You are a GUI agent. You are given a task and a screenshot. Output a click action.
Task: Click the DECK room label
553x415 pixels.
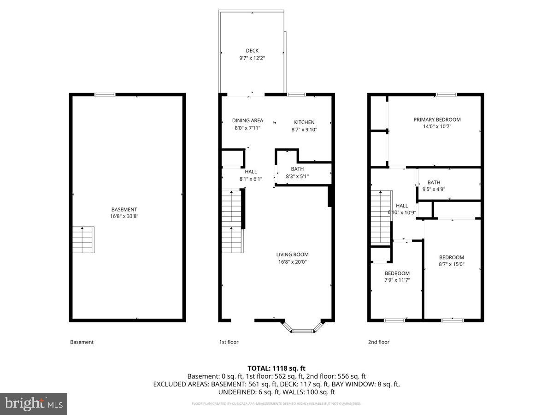(252, 51)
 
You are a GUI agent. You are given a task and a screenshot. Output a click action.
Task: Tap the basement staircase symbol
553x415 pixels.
(83, 239)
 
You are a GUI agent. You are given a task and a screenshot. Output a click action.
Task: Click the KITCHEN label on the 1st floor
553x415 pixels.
(304, 122)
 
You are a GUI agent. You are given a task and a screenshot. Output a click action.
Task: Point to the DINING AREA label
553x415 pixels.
(247, 121)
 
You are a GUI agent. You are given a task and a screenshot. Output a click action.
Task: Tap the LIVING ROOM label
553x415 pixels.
(292, 255)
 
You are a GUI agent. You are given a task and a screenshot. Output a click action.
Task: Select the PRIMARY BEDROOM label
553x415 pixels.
(437, 119)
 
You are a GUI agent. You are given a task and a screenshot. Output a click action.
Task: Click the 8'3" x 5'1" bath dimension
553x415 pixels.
(297, 176)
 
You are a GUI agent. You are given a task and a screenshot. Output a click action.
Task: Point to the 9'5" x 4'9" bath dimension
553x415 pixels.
(434, 189)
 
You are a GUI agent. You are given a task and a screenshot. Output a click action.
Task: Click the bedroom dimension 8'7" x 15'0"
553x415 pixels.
(451, 265)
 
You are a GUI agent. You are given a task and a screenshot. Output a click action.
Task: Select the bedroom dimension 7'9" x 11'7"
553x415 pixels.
(397, 280)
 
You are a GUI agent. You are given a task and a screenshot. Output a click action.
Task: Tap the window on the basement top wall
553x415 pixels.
(105, 95)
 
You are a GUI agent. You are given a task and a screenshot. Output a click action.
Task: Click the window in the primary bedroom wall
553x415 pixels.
(446, 95)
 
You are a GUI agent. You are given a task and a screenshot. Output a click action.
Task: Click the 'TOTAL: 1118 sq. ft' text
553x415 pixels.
(276, 368)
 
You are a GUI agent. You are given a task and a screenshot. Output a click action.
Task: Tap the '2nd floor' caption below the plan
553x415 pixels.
(378, 342)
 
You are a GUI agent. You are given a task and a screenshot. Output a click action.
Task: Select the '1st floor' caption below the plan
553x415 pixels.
(229, 342)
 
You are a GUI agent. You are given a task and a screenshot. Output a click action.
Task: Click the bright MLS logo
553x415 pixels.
(34, 403)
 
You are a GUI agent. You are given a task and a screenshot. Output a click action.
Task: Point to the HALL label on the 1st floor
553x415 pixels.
(251, 172)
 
